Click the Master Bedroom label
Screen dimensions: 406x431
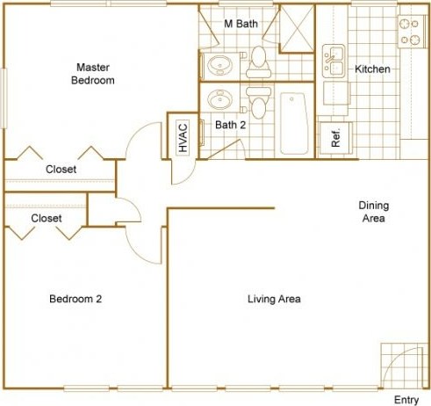coord(93,74)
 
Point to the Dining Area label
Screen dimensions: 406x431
coord(373,212)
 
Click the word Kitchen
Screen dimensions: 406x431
coord(372,69)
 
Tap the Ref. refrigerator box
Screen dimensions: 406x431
coord(334,137)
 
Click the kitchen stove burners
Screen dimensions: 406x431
coord(410,33)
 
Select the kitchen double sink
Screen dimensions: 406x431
coord(334,60)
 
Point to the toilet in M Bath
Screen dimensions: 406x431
coord(258,59)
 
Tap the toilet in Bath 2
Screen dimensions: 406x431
coord(258,102)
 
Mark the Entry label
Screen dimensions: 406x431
coord(406,400)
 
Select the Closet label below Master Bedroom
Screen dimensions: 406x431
coord(60,170)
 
